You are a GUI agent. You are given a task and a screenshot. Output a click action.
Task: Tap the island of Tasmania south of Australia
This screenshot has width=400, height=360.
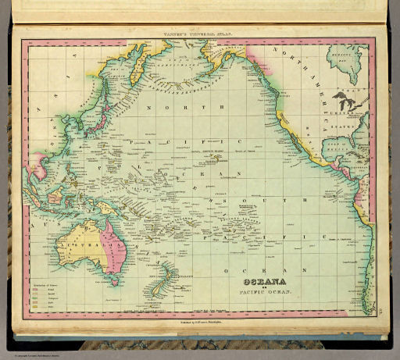click(109, 286)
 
